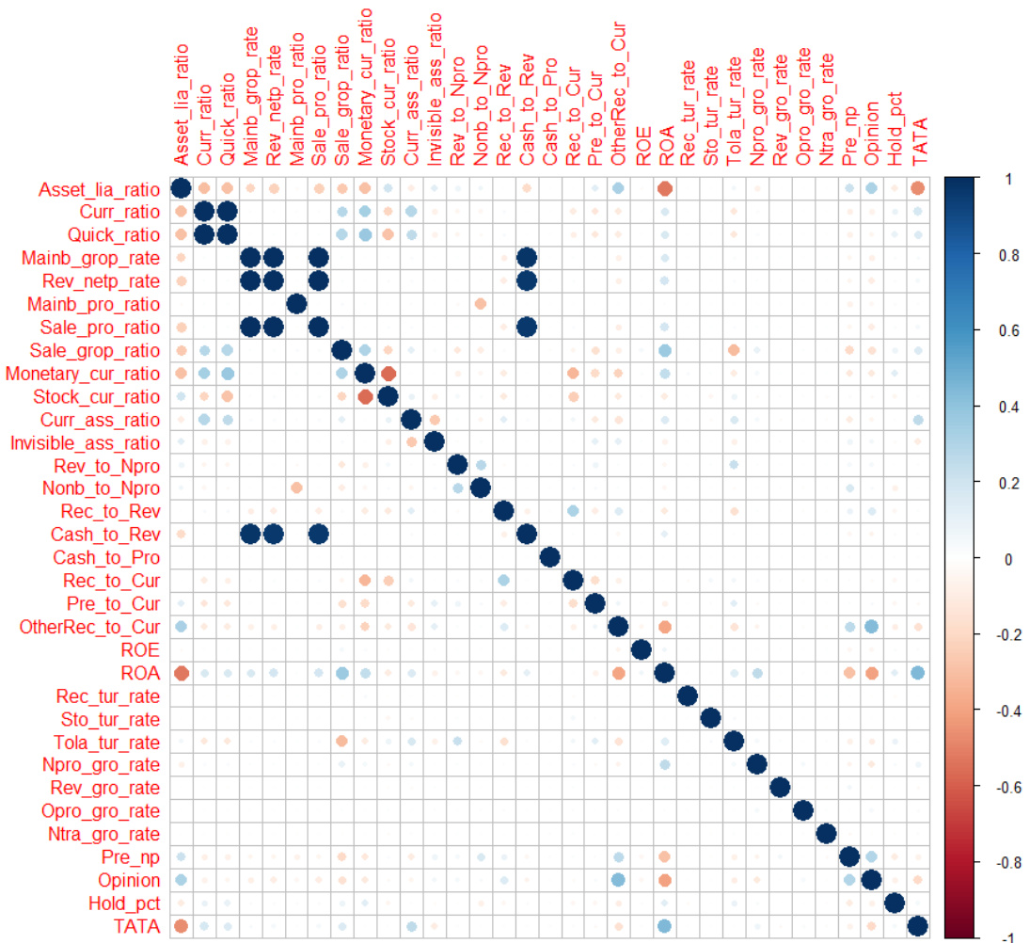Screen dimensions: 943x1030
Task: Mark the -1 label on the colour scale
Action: [1003, 936]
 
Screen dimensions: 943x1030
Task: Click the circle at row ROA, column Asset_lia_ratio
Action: [182, 673]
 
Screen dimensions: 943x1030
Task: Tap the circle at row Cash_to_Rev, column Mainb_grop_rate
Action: [250, 535]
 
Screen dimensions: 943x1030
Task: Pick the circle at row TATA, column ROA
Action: [665, 926]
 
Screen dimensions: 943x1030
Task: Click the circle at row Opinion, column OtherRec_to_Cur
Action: [619, 880]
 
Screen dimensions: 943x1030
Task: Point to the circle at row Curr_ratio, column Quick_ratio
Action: [227, 212]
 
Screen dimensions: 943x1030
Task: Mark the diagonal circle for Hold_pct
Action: [895, 903]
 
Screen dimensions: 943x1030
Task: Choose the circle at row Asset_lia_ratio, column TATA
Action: [917, 189]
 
